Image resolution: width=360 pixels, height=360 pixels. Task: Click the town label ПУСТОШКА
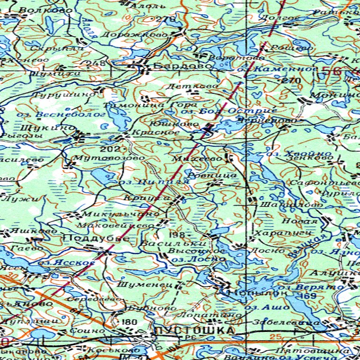(194, 331)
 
